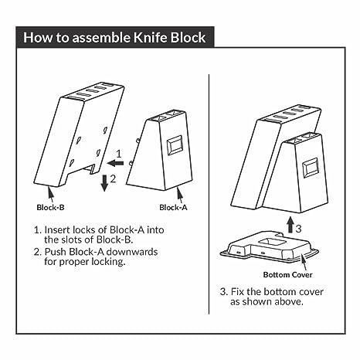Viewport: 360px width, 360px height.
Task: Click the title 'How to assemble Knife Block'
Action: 115,37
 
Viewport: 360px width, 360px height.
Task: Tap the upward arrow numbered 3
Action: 290,226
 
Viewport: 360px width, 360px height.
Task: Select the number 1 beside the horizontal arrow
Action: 118,153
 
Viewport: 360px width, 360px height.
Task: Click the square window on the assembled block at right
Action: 311,167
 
